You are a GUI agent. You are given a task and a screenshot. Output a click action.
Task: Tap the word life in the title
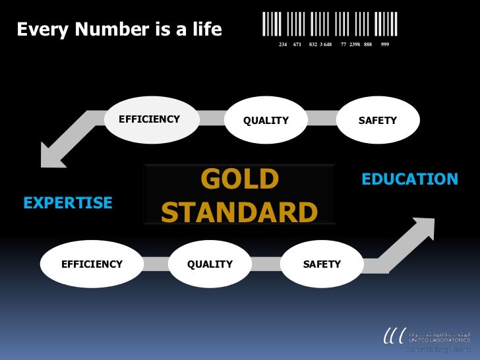[204, 30]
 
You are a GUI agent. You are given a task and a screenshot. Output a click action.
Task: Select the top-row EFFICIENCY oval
[150, 119]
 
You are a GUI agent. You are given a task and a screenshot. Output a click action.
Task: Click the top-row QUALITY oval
[266, 121]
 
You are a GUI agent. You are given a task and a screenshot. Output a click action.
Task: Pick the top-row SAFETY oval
[377, 121]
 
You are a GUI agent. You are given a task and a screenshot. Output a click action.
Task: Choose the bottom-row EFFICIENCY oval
[92, 264]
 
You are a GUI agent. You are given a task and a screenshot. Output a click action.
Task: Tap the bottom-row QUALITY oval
[210, 264]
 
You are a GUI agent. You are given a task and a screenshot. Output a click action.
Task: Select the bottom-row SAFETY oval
[322, 264]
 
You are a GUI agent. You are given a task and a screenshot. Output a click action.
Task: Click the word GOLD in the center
[239, 179]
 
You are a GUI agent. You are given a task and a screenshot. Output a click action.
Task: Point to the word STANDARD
[239, 213]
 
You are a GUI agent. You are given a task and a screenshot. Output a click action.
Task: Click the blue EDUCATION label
[409, 179]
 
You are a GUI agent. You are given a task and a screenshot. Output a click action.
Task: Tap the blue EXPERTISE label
[68, 203]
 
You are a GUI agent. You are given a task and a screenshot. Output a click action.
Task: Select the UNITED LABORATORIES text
[440, 340]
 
